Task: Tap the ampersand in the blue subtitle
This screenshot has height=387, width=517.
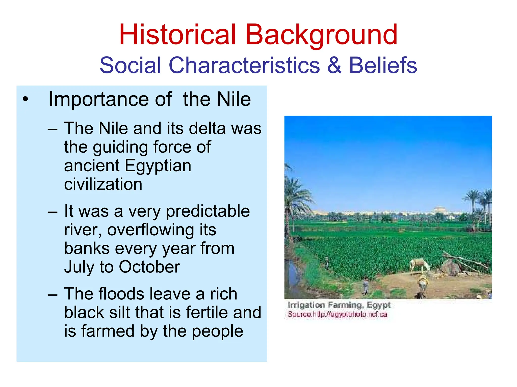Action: pyautogui.click(x=334, y=65)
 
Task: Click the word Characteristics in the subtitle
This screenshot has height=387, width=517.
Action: pyautogui.click(x=244, y=65)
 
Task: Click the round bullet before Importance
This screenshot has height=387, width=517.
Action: pyautogui.click(x=25, y=100)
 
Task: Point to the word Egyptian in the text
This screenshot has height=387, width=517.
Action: pyautogui.click(x=158, y=166)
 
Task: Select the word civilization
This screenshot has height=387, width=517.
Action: pyautogui.click(x=103, y=184)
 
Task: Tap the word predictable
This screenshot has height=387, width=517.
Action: pyautogui.click(x=208, y=211)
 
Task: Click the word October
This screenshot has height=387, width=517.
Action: pyautogui.click(x=149, y=267)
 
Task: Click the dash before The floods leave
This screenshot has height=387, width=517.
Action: pyautogui.click(x=53, y=294)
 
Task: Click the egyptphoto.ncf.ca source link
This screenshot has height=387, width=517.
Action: pyautogui.click(x=350, y=314)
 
